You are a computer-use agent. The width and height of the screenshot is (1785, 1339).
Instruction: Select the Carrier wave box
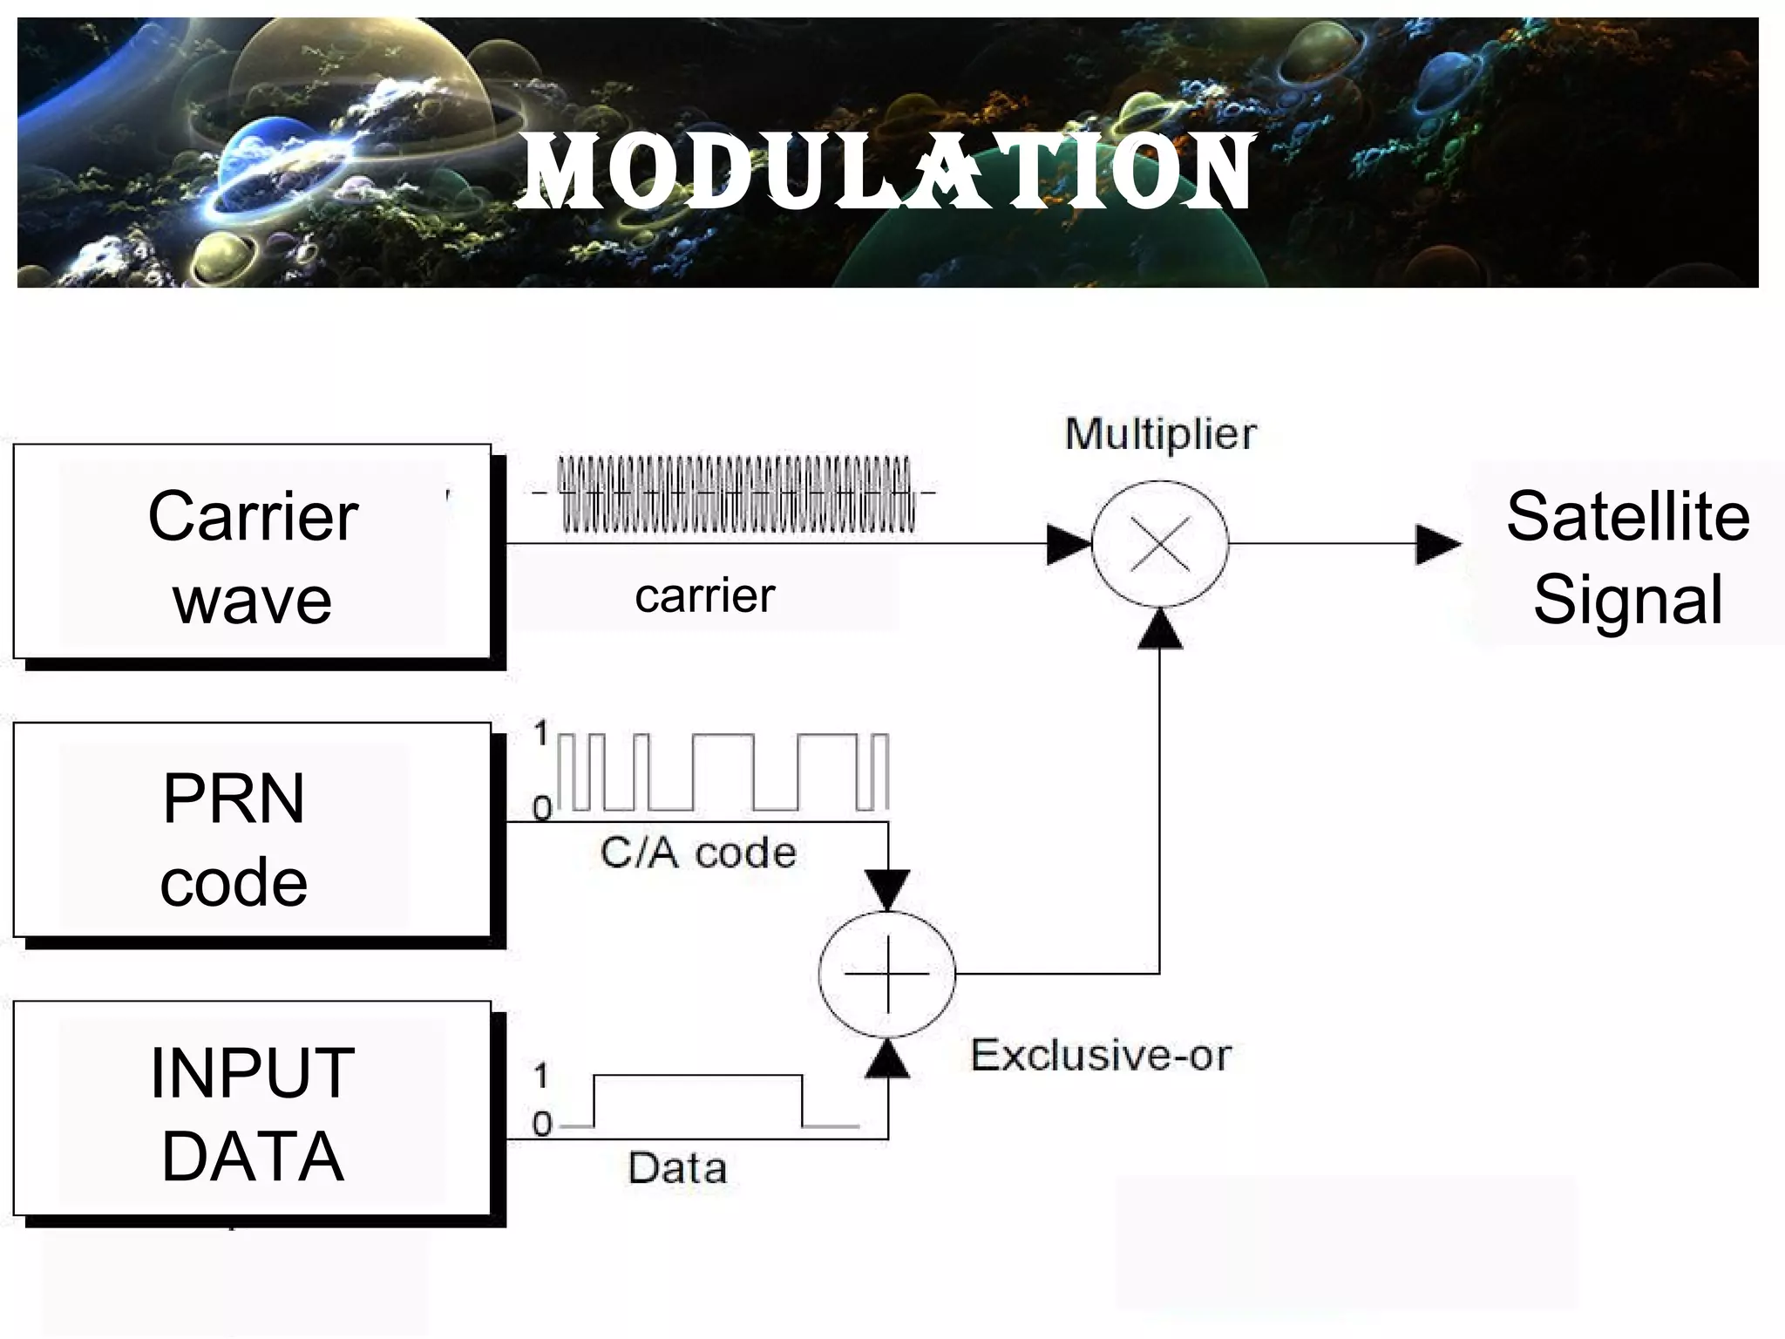click(x=253, y=553)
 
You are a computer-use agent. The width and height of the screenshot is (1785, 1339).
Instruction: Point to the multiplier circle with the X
click(x=1160, y=544)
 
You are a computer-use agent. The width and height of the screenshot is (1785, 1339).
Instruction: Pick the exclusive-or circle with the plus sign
click(x=887, y=974)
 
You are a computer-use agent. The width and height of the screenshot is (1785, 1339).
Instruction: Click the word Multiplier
click(x=1160, y=434)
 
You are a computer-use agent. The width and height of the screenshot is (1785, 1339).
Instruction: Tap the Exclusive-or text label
click(x=1100, y=1056)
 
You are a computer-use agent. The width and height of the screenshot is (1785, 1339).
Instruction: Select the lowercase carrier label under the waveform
click(x=704, y=597)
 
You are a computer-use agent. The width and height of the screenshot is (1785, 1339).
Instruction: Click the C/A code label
click(x=698, y=853)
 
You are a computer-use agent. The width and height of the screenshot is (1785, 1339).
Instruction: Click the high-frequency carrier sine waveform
click(x=736, y=493)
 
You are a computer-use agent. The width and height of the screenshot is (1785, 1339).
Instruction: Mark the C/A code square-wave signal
click(x=723, y=772)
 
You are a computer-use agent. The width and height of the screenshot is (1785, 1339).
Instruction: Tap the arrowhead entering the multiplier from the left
click(x=1068, y=545)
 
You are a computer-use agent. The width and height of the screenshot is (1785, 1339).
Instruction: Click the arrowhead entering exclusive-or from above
click(x=888, y=889)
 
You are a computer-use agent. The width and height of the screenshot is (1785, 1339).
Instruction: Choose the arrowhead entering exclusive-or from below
click(x=888, y=1058)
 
